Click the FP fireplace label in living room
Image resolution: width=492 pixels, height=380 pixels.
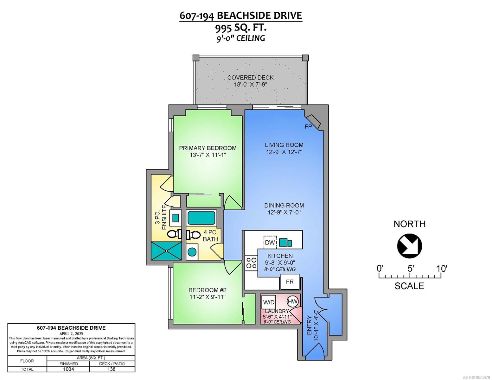[308, 127]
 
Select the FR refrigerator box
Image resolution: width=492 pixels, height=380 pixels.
[290, 282]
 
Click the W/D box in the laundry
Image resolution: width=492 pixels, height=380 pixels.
[269, 302]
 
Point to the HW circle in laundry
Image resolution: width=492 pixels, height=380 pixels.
[293, 301]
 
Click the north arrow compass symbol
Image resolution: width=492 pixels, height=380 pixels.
[409, 246]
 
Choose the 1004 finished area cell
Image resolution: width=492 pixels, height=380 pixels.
[68, 369]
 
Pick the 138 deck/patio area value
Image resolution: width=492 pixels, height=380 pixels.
[112, 369]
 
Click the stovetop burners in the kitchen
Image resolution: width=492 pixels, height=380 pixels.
[251, 263]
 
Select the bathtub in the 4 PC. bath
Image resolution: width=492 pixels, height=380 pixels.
[201, 218]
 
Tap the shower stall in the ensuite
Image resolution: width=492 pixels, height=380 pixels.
[166, 251]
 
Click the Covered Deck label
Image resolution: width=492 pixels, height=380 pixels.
[250, 78]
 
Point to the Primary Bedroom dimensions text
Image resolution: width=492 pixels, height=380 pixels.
[208, 155]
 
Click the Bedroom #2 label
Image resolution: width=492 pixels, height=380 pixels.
[208, 290]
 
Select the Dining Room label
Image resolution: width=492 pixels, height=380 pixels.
[284, 206]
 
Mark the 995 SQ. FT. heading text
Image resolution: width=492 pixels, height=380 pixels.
[240, 28]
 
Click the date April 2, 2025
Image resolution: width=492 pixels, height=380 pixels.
[71, 334]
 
